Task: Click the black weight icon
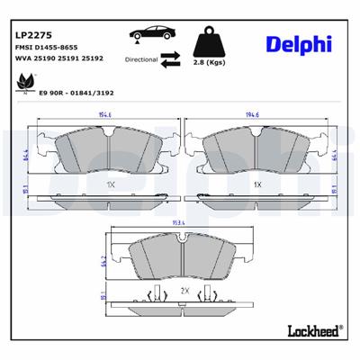tap(209, 45)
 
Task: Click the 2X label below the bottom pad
tap(183, 292)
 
